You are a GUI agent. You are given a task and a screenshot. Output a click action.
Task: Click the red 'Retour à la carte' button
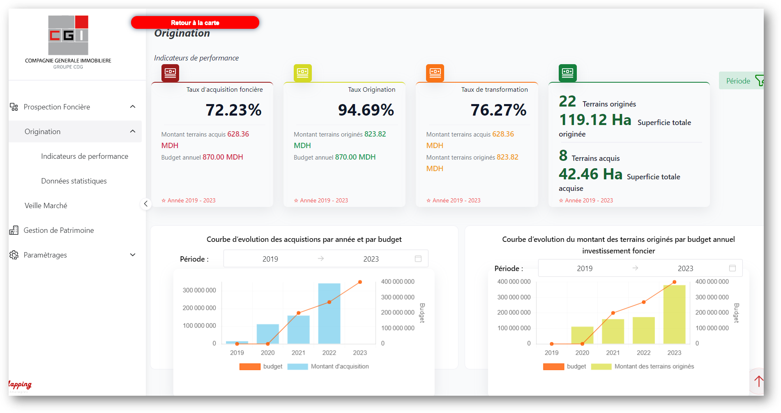195,23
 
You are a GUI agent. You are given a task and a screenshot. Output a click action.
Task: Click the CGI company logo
68,35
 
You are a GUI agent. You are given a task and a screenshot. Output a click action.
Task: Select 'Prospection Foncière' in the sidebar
57,107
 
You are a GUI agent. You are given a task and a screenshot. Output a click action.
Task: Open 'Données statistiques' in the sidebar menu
74,181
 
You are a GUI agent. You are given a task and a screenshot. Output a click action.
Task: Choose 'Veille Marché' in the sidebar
46,206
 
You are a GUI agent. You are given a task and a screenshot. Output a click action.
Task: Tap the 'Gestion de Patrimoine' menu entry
59,230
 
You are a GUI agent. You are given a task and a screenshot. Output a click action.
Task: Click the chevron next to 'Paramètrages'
133,255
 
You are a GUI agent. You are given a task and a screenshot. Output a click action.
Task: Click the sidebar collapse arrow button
146,204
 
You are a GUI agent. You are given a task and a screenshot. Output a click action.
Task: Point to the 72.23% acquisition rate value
233,110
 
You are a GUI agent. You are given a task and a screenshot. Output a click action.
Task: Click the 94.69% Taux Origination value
366,110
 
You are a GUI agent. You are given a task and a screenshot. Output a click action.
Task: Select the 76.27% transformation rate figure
498,110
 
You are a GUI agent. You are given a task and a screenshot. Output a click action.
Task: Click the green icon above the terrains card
567,73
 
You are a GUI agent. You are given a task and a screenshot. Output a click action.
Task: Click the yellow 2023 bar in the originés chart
674,315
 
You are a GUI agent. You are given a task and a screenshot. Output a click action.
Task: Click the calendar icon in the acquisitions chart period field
418,259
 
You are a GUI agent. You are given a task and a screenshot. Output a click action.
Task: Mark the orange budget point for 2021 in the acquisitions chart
299,313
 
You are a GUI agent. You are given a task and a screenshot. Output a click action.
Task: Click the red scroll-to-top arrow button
758,381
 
